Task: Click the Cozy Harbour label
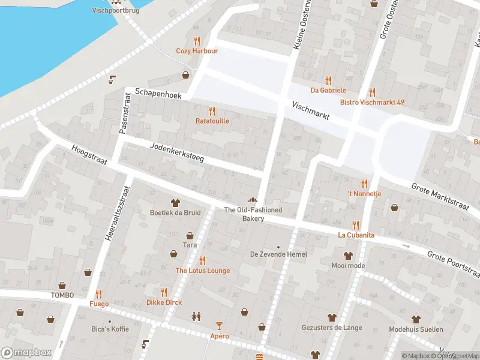click(x=197, y=51)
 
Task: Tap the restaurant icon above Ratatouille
click(x=211, y=110)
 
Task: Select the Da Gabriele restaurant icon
click(x=328, y=80)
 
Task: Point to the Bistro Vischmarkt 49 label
click(x=372, y=103)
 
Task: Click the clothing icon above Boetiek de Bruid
click(x=176, y=203)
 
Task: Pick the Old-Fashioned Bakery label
click(x=253, y=214)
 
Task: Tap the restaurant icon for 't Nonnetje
click(x=364, y=183)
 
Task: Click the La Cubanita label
click(x=356, y=235)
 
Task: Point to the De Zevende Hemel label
click(x=278, y=254)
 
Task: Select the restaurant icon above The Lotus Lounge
click(x=202, y=260)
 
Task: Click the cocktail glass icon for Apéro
click(x=219, y=326)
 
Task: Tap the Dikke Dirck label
click(x=164, y=302)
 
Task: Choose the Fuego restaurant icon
click(x=98, y=293)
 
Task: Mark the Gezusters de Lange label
click(x=332, y=328)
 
